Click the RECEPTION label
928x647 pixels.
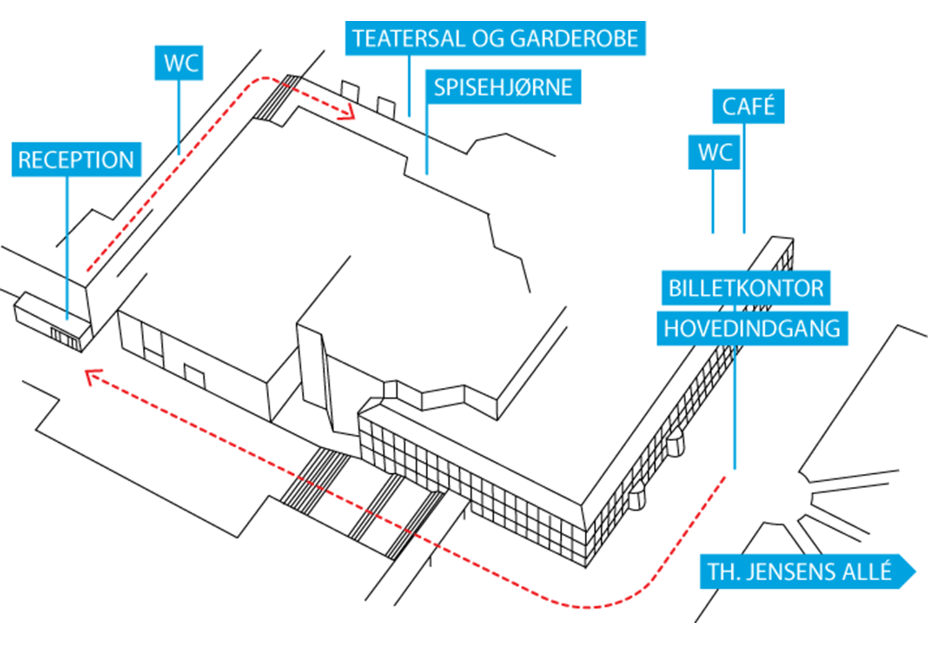coord(76,160)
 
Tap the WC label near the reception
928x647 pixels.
coord(179,62)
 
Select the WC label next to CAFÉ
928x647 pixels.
coord(714,152)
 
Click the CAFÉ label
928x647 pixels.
coord(748,106)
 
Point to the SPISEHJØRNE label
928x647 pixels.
coord(504,87)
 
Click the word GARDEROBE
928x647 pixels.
coord(574,38)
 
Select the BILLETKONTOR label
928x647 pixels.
coord(745,288)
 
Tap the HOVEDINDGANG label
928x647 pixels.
coord(752,328)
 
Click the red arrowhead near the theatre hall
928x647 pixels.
coord(347,112)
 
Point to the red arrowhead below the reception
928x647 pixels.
coord(93,376)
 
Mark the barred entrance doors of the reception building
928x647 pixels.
coord(64,338)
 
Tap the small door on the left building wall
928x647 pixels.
coord(194,376)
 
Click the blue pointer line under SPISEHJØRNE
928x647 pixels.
coord(427,139)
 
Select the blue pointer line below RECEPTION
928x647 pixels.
coord(67,248)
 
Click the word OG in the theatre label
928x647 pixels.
coord(488,38)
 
